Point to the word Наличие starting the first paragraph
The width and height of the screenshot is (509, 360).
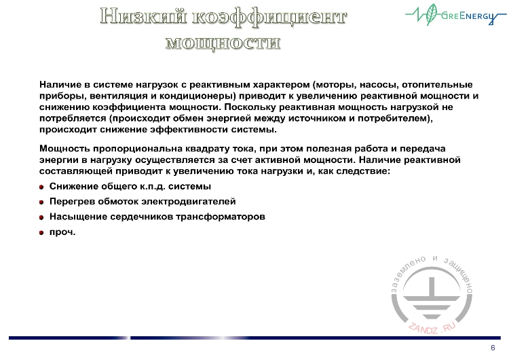[x=60, y=85]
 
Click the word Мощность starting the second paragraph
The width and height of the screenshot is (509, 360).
[x=64, y=148]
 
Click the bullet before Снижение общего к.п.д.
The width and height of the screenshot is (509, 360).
[x=42, y=187]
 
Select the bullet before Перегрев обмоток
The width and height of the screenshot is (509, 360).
[x=42, y=202]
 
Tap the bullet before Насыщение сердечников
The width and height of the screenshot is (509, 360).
[x=42, y=217]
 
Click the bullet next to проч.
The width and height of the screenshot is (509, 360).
[x=42, y=232]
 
